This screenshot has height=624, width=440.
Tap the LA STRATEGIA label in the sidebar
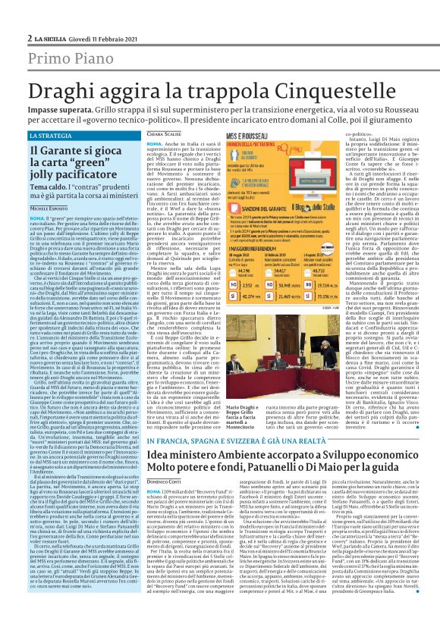point(53,114)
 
